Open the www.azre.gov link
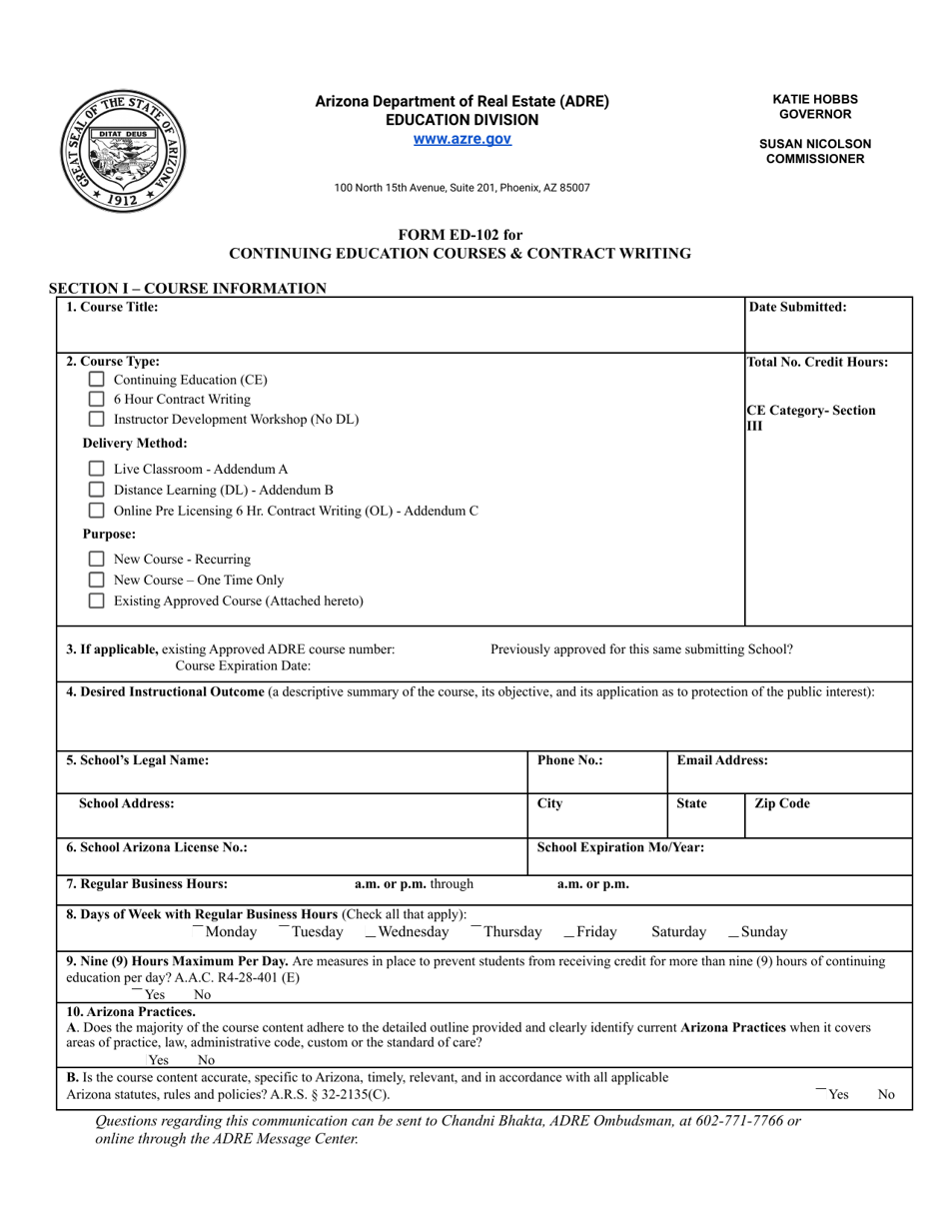(x=463, y=139)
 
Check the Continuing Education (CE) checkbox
(x=96, y=380)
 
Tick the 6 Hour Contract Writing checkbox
(x=96, y=400)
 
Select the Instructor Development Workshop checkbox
(x=96, y=420)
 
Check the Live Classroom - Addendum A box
(x=96, y=469)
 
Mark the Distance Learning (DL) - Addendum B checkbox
(x=96, y=490)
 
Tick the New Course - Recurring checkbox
(x=96, y=560)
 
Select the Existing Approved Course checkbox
(x=96, y=602)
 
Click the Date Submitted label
(x=797, y=308)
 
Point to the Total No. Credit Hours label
(x=817, y=363)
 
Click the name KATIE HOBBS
(x=815, y=99)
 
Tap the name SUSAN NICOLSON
(x=815, y=144)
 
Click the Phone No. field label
(x=569, y=760)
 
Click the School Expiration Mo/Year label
(x=620, y=847)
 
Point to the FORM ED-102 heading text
(x=460, y=235)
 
